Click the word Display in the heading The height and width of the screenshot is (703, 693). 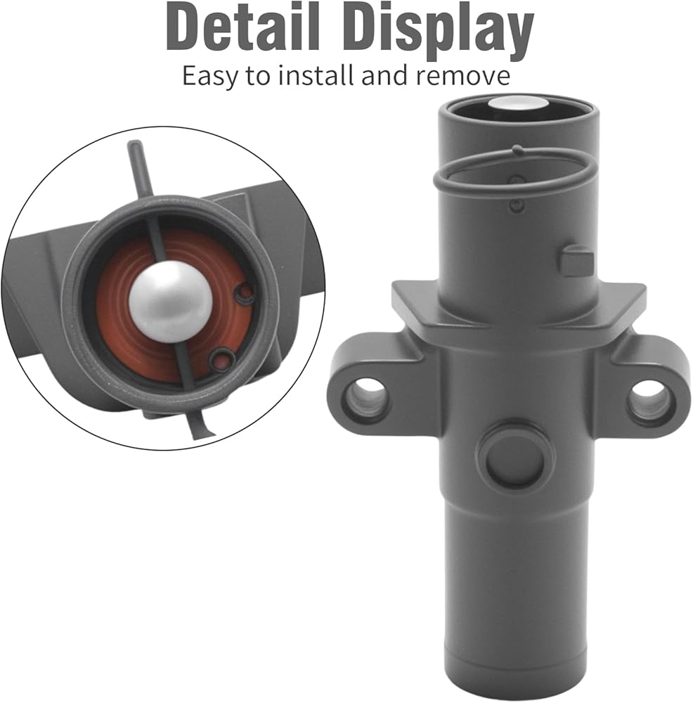point(442,32)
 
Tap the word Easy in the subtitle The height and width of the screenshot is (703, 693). point(209,76)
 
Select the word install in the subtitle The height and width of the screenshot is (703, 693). point(316,75)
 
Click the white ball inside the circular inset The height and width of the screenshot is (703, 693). point(171,301)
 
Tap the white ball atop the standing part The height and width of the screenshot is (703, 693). point(517,103)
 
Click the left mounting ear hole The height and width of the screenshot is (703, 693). point(366,394)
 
